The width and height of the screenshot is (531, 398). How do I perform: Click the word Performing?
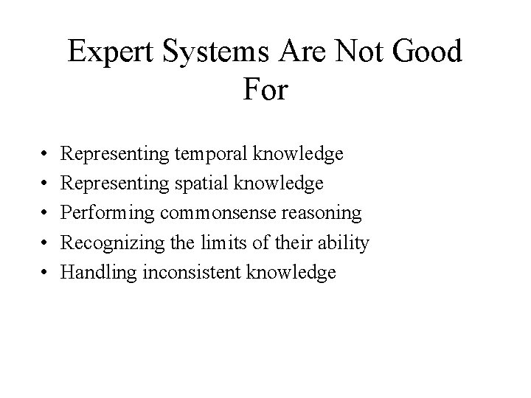[x=107, y=214]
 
